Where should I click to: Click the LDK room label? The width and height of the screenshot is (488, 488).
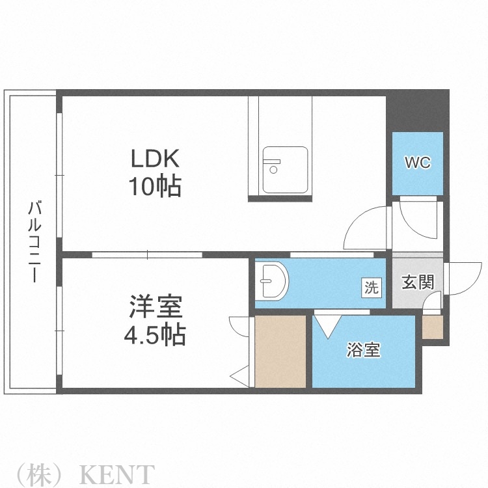click(x=155, y=159)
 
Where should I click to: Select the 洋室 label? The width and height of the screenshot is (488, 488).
click(x=155, y=306)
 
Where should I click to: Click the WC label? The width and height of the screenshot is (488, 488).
click(x=418, y=163)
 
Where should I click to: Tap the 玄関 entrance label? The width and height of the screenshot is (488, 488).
click(x=417, y=282)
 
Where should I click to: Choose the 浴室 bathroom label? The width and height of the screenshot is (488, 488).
click(x=363, y=350)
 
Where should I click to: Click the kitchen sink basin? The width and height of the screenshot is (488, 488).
click(x=285, y=170)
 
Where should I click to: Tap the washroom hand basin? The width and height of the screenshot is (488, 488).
click(x=272, y=282)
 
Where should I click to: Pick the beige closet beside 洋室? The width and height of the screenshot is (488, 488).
click(x=280, y=351)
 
